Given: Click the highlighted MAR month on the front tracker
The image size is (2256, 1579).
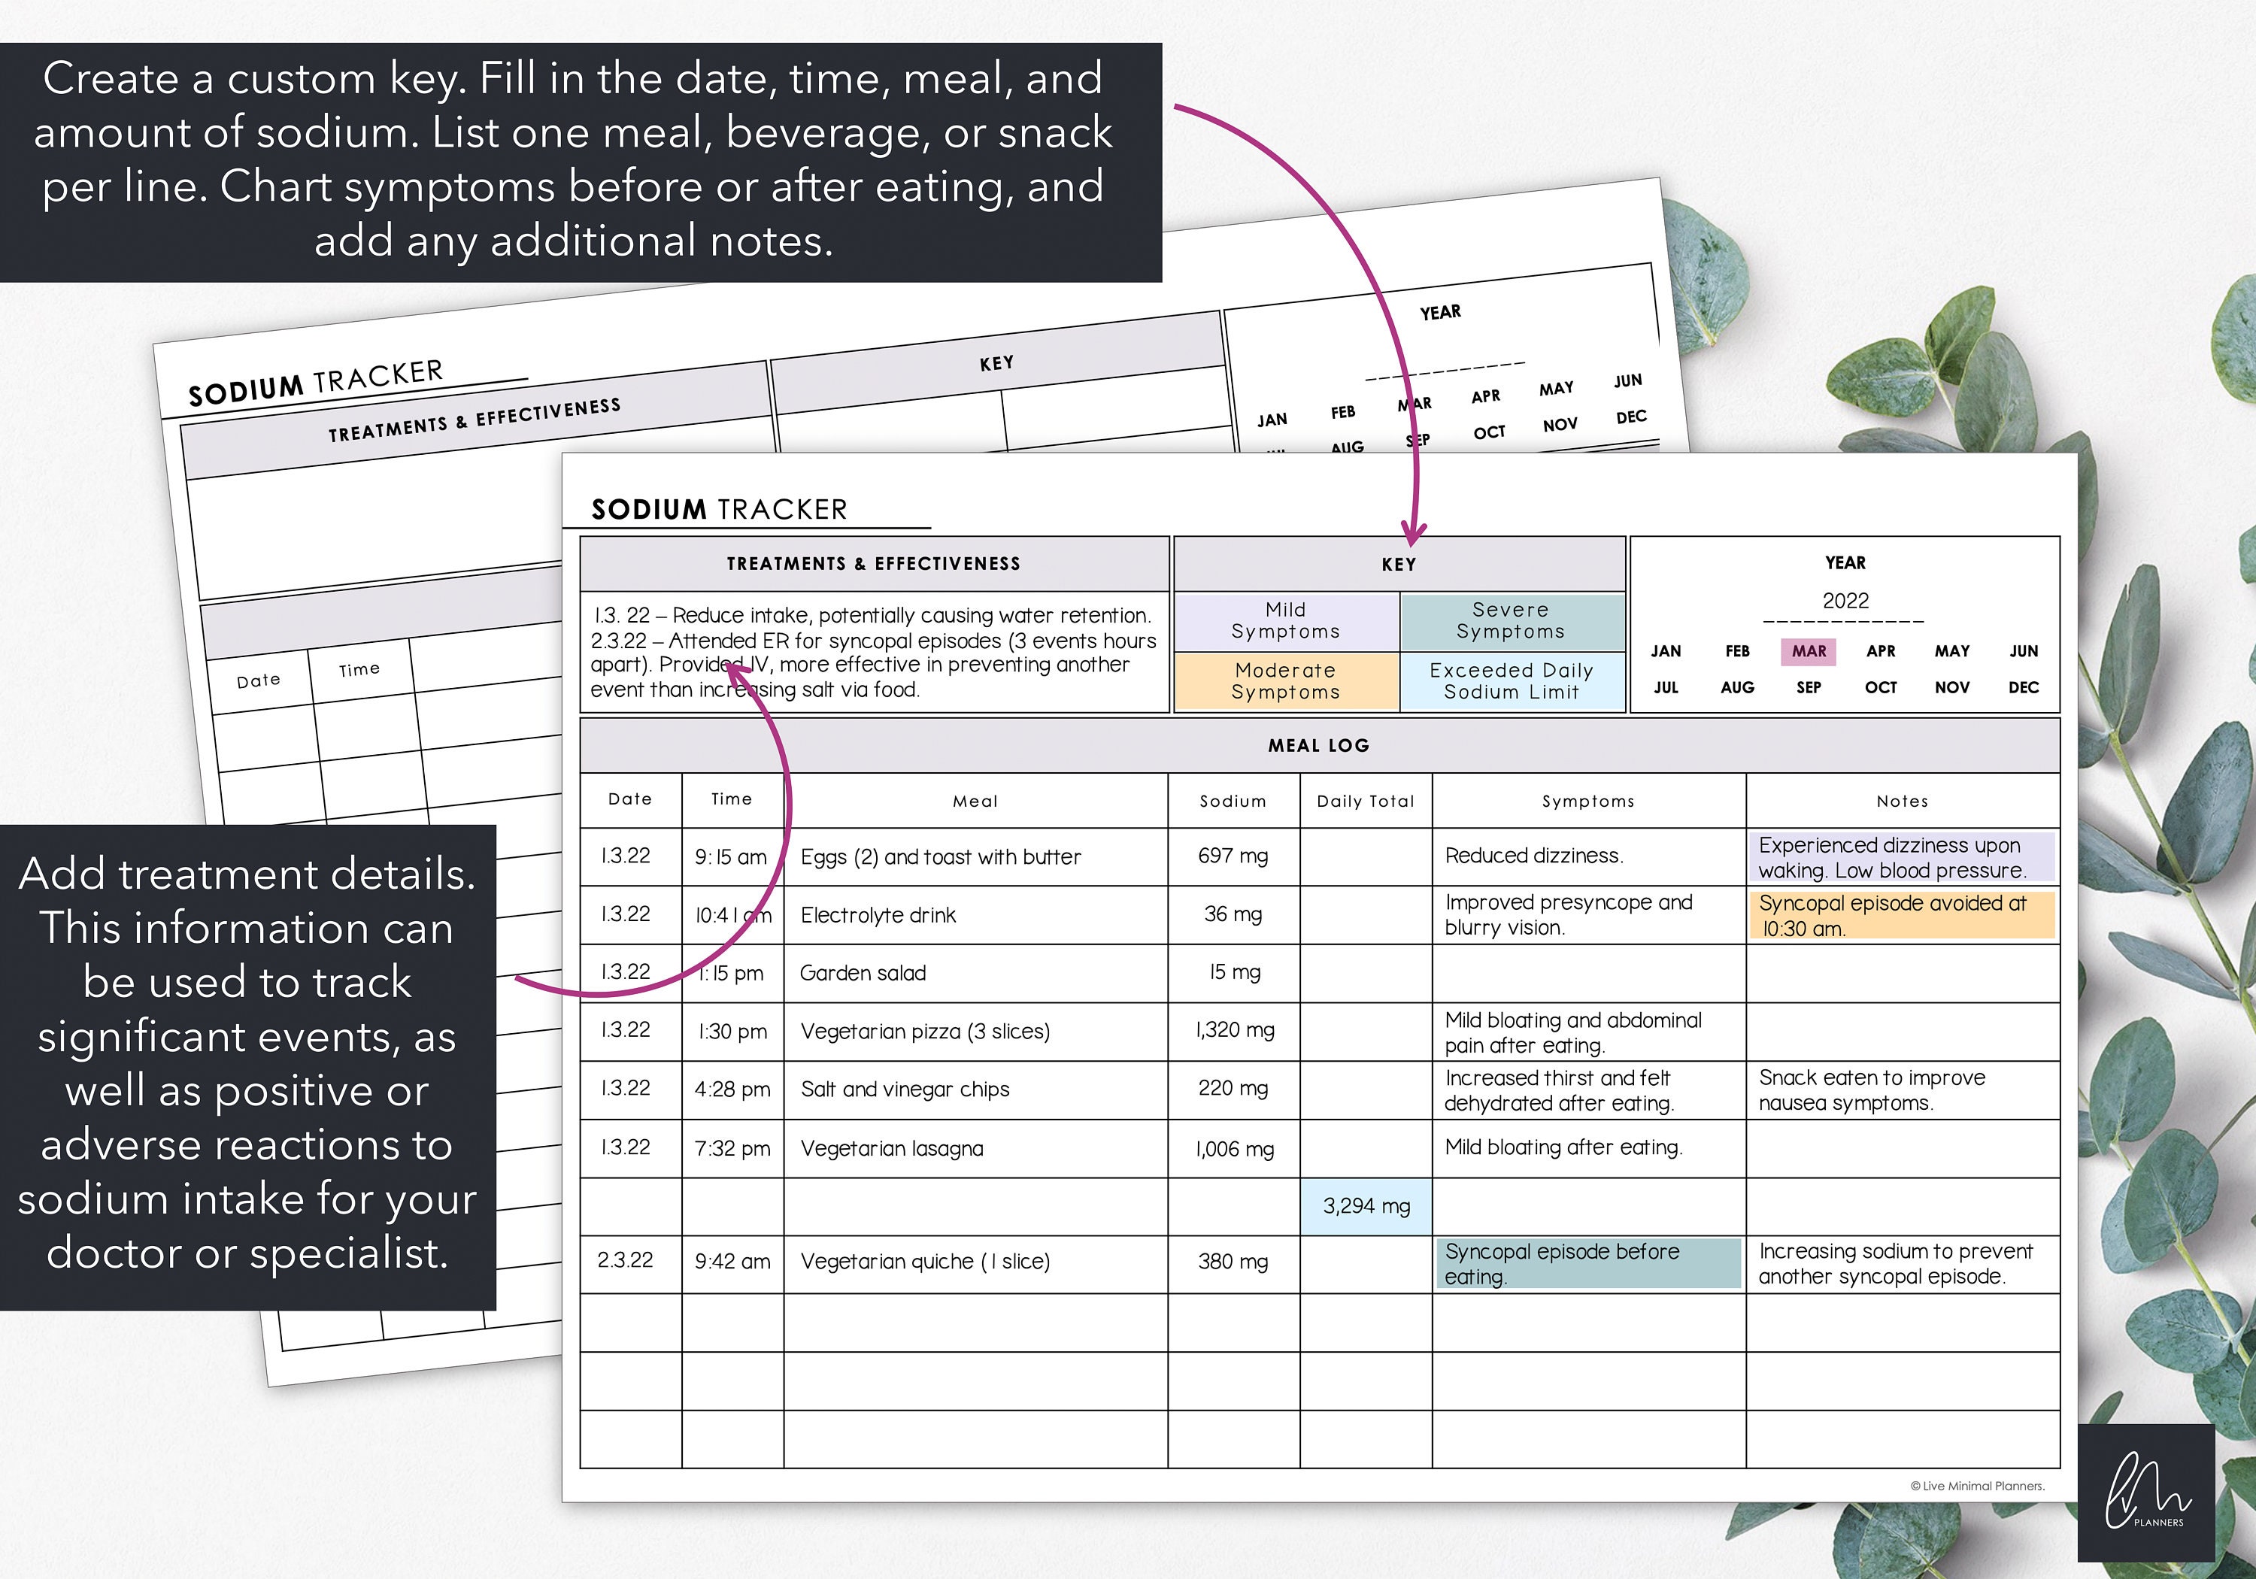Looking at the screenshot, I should tap(1808, 651).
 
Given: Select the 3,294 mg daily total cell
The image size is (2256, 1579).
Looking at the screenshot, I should tap(1366, 1205).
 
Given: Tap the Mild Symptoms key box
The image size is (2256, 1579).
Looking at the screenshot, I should tap(1285, 621).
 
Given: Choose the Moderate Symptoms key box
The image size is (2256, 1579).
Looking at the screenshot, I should tap(1285, 681).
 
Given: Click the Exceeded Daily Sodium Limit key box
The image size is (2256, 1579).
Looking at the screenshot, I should tap(1512, 681).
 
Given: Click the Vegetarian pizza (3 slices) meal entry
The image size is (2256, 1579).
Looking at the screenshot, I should tap(925, 1032).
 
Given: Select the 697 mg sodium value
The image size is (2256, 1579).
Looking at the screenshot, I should tap(1233, 856).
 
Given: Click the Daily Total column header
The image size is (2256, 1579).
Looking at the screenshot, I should tap(1366, 801).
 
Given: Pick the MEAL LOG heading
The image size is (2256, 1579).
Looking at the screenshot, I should tap(1318, 746).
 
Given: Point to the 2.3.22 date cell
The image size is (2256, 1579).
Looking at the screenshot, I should tap(625, 1261).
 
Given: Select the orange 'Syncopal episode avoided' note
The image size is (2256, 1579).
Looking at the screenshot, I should tap(1900, 916).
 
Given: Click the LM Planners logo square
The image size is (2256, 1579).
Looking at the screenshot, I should tap(2146, 1493).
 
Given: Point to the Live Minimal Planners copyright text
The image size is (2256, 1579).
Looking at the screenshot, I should tap(1977, 1487).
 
